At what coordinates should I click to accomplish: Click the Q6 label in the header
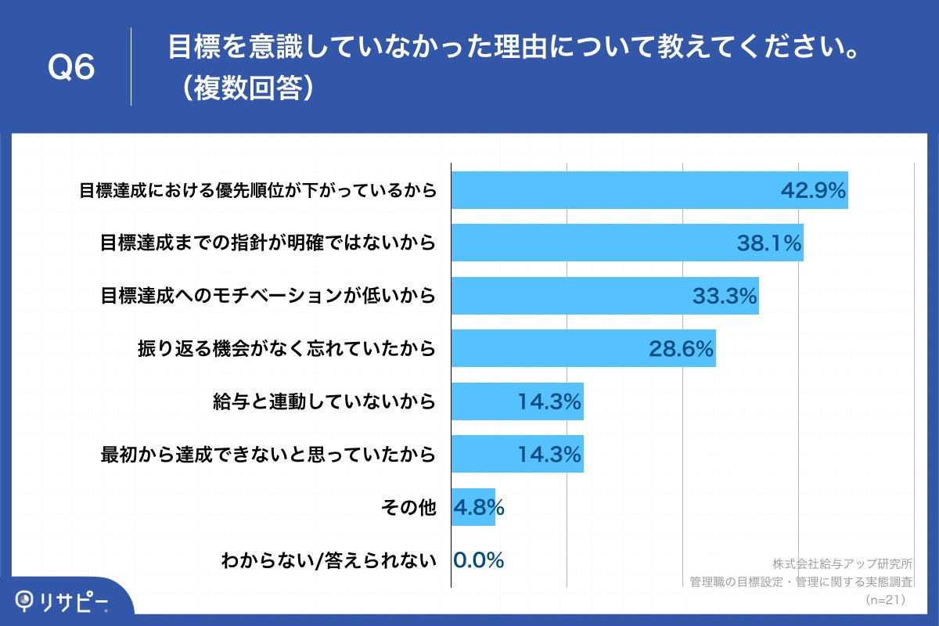(71, 68)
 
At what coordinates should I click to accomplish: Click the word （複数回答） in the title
(244, 88)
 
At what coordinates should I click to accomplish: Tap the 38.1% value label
(769, 243)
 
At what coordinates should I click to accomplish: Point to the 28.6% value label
(681, 349)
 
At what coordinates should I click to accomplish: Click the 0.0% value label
(478, 560)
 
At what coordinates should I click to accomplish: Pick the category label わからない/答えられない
(328, 560)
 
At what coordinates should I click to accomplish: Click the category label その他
(407, 508)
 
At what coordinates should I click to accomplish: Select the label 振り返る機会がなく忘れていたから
(286, 349)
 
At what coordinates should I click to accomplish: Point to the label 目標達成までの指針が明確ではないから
(267, 243)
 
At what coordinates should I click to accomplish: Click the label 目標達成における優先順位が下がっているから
(257, 190)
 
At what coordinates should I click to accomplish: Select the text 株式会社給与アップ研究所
(842, 563)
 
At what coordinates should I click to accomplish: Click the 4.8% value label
(478, 508)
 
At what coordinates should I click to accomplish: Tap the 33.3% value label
(725, 296)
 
